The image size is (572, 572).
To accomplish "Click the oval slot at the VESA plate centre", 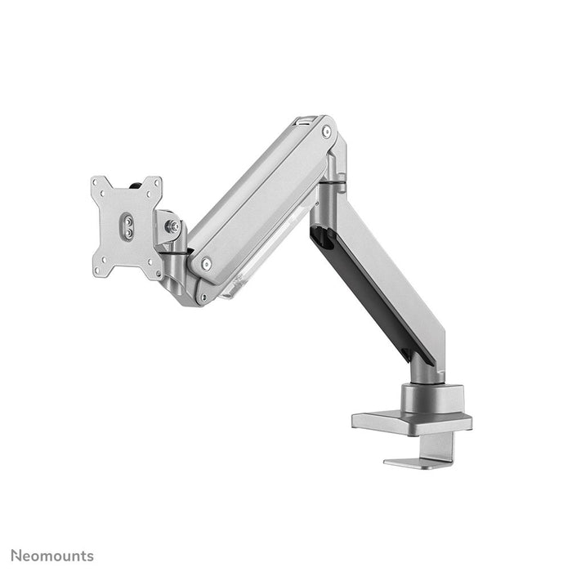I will click(127, 226).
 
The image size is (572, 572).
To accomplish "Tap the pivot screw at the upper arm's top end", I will click(326, 132).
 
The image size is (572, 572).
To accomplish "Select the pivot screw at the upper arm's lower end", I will click(206, 263).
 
